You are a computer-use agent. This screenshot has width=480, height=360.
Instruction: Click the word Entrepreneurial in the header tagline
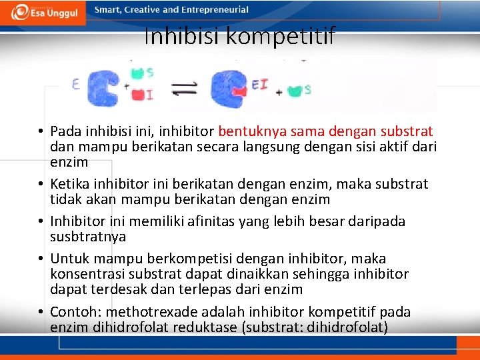click(217, 10)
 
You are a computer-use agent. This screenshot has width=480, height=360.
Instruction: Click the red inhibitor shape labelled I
click(138, 95)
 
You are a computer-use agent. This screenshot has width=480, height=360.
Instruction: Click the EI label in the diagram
click(260, 85)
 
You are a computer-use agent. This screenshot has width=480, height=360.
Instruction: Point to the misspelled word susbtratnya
click(88, 237)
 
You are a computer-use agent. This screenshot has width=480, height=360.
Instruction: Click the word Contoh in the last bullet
click(74, 311)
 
